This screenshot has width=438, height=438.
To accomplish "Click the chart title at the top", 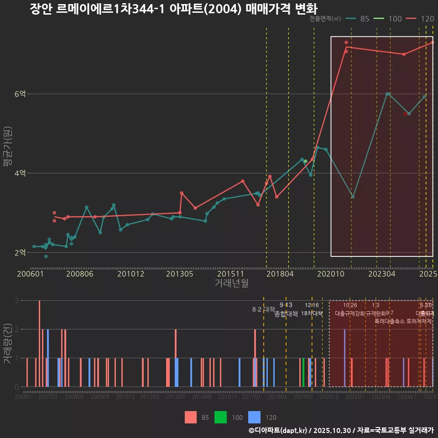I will (173, 9).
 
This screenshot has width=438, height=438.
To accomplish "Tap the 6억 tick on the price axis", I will (21, 94).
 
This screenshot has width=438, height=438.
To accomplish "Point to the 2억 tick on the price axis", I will (21, 253).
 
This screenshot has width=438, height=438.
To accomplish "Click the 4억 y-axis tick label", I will (21, 173).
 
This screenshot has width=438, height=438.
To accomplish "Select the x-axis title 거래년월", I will (231, 283).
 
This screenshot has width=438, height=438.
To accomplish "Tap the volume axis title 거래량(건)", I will (7, 343).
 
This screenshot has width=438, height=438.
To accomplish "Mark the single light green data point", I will (305, 162).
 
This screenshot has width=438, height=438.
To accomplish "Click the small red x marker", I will (405, 114).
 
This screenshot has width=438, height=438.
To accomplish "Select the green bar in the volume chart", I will (303, 372).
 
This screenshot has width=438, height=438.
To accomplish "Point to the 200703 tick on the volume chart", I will (48, 397).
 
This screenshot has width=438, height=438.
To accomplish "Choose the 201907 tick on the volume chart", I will (304, 397).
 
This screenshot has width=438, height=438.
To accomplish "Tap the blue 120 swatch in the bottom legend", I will (254, 417).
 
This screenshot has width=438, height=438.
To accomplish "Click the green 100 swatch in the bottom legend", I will (221, 417).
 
